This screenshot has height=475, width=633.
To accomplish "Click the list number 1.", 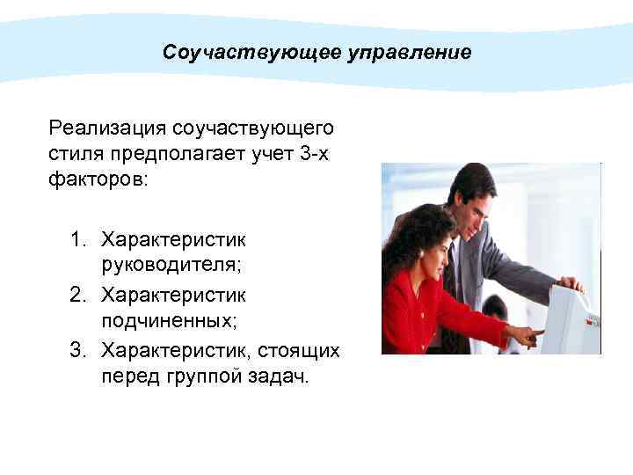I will (x=79, y=239).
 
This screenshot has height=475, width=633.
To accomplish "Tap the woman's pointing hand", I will (x=527, y=334).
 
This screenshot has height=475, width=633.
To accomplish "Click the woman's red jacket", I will (x=413, y=308).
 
